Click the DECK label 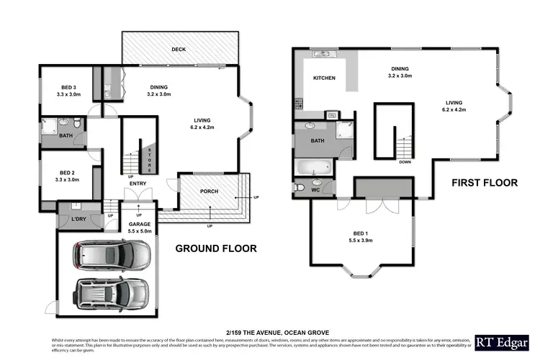pos(179,50)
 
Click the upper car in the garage pos(113,254)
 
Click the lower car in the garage pos(112,292)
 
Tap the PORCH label pos(209,191)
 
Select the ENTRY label pos(138,184)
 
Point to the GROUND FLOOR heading pos(216,248)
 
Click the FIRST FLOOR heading pos(485,183)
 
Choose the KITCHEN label pos(324,78)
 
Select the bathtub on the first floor pos(312,168)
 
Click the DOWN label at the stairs pos(405,162)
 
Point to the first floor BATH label pos(317,141)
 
